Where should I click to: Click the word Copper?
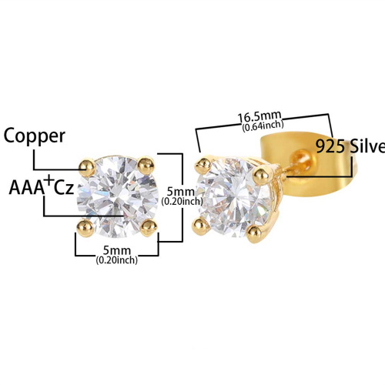point(35,136)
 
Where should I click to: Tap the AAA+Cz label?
point(42,186)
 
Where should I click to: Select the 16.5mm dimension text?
point(259,117)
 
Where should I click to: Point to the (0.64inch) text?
point(263,126)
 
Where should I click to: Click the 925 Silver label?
point(350,146)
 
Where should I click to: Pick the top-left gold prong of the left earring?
point(87,167)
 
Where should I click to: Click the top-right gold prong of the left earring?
point(146,166)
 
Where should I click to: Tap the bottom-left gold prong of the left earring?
point(85,228)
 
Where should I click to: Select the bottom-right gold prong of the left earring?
point(149,227)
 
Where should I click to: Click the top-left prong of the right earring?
point(203,166)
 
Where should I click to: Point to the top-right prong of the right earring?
point(261,175)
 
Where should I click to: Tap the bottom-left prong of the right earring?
point(200,226)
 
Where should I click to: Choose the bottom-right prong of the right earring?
point(255,233)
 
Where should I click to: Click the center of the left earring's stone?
point(118,197)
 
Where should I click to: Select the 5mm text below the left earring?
point(117,250)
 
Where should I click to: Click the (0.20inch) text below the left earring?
point(117,260)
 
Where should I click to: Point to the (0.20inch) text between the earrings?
point(182,202)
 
